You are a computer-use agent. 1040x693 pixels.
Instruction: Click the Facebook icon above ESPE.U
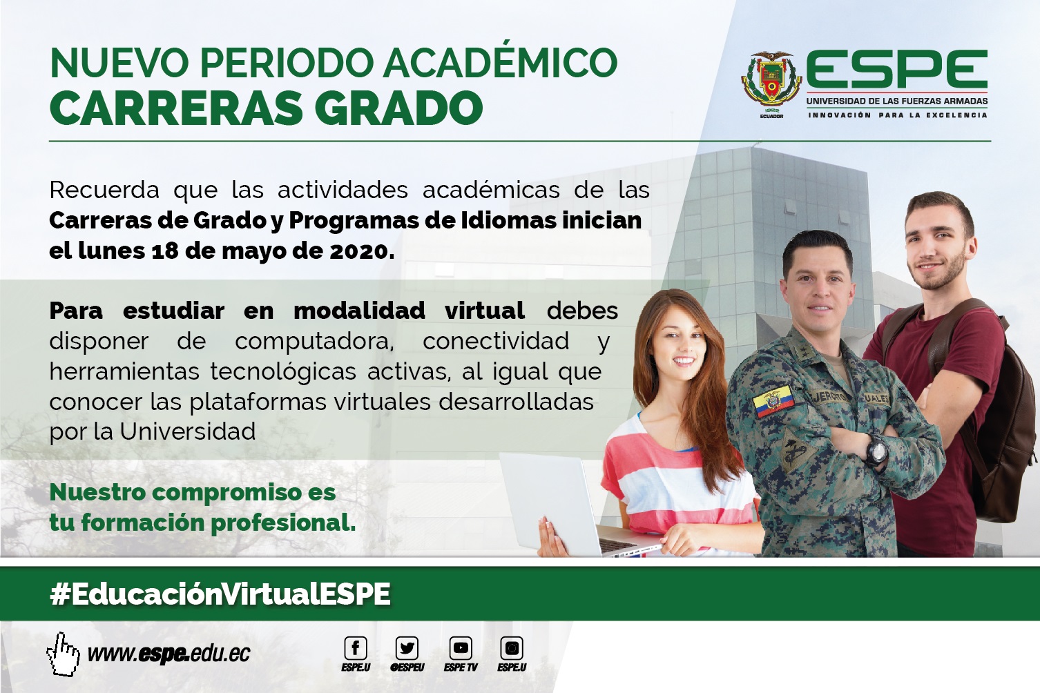[x=356, y=648]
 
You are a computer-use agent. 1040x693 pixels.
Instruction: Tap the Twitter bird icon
[x=407, y=648]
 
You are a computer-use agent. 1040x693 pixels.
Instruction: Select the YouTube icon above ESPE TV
[x=461, y=648]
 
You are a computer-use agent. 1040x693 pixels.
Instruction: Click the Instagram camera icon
[x=512, y=648]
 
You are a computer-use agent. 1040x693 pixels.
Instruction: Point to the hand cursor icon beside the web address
[x=63, y=654]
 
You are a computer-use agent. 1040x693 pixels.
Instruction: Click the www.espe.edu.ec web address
[x=168, y=654]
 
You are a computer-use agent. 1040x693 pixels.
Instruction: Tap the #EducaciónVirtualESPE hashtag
[x=220, y=594]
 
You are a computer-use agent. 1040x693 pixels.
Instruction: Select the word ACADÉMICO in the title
[x=501, y=62]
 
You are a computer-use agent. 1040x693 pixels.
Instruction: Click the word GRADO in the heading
[x=399, y=108]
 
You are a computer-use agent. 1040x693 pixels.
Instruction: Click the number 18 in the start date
[x=164, y=251]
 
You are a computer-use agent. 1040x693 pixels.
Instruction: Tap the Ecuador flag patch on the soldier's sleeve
[x=773, y=400]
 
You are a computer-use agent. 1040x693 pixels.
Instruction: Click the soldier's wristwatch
[x=876, y=449]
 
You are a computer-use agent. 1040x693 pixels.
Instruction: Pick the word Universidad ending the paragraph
[x=188, y=431]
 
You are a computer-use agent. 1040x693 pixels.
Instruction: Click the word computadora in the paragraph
[x=314, y=342]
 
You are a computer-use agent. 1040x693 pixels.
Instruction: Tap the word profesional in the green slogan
[x=283, y=523]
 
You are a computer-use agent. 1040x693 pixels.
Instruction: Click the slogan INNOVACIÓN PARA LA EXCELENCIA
[x=898, y=115]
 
